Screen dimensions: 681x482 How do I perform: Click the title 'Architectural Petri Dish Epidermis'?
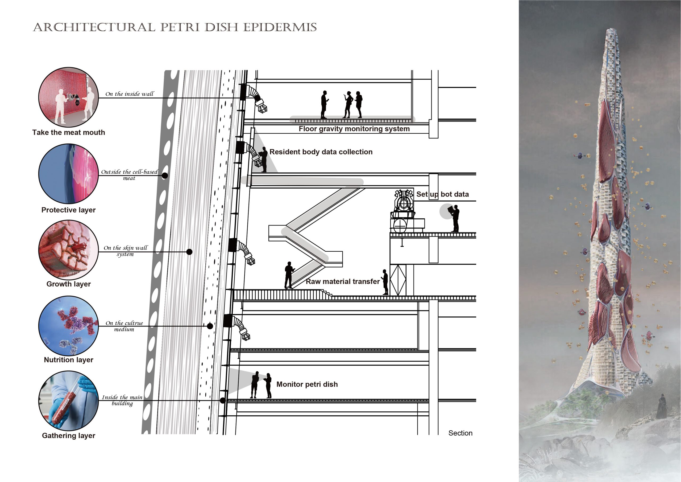[175, 27]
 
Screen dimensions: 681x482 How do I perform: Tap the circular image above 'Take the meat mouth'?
[69, 97]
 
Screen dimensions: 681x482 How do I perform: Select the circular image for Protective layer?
[69, 174]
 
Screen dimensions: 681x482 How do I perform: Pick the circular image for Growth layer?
[69, 250]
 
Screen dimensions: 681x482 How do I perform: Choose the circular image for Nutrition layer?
[69, 325]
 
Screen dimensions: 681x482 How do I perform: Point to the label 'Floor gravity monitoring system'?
[354, 129]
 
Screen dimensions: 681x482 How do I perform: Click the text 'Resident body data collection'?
[321, 152]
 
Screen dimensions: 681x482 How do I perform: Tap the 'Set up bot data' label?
[443, 194]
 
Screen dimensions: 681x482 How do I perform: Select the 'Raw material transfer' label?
[343, 281]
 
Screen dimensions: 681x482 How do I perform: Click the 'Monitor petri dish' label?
[307, 384]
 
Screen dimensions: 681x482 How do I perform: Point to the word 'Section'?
[460, 433]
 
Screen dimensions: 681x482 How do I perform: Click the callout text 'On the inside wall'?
[130, 94]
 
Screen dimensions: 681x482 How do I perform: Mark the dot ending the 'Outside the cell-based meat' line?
[165, 175]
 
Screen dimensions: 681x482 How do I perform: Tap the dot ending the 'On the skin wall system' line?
[189, 252]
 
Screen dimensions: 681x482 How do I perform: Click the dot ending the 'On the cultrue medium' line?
[210, 326]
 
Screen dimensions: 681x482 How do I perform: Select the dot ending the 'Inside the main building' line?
[223, 401]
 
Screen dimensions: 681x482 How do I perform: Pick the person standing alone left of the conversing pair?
[324, 105]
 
